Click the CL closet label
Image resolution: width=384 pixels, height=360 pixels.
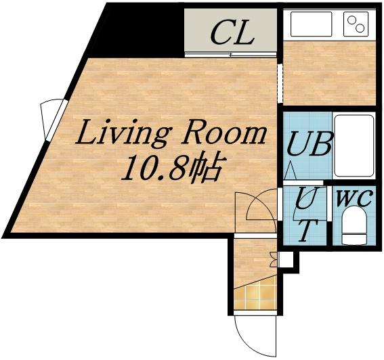pyautogui.click(x=232, y=32)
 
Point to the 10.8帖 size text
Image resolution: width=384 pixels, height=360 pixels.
pyautogui.click(x=173, y=168)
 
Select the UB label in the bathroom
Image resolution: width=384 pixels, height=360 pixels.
pyautogui.click(x=309, y=144)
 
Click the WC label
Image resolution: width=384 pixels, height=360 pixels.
pyautogui.click(x=354, y=198)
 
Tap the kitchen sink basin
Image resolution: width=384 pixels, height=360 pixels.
pyautogui.click(x=312, y=24)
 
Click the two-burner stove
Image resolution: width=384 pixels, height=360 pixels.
pyautogui.click(x=356, y=24)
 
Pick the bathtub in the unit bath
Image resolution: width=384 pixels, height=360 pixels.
pyautogui.click(x=354, y=145)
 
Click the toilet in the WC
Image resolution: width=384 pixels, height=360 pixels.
pyautogui.click(x=354, y=225)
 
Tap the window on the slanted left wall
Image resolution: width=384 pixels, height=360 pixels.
pyautogui.click(x=54, y=119)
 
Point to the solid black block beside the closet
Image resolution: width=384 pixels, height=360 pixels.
pyautogui.click(x=137, y=30)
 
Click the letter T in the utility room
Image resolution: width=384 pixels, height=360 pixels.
pyautogui.click(x=307, y=231)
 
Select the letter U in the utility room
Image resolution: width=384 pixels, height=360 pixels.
pyautogui.click(x=309, y=198)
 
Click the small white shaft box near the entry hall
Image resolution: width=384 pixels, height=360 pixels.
pyautogui.click(x=286, y=259)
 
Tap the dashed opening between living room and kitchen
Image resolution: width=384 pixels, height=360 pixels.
pyautogui.click(x=280, y=83)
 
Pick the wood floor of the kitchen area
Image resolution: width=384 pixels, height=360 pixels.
pyautogui.click(x=329, y=73)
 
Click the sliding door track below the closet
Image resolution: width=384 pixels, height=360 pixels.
pyautogui.click(x=231, y=55)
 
